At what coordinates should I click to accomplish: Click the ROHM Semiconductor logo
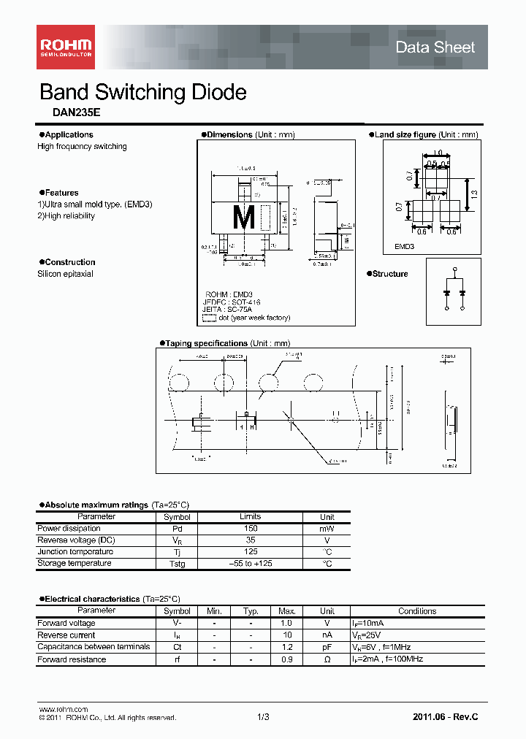(66, 46)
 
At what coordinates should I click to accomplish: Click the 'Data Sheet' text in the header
(435, 47)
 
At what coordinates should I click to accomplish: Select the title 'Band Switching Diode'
(142, 93)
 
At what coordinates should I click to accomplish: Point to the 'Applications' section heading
(69, 135)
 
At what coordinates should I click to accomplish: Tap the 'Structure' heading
(390, 274)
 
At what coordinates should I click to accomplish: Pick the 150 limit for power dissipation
(251, 528)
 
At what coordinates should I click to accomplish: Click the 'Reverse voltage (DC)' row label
(76, 540)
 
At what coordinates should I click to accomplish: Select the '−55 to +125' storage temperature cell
(251, 564)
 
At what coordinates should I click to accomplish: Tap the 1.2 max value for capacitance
(286, 647)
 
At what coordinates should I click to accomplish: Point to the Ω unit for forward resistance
(327, 659)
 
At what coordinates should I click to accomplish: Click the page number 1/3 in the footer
(263, 717)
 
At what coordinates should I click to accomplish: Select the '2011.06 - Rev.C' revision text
(445, 717)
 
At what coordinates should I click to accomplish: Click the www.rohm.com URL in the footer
(63, 710)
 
